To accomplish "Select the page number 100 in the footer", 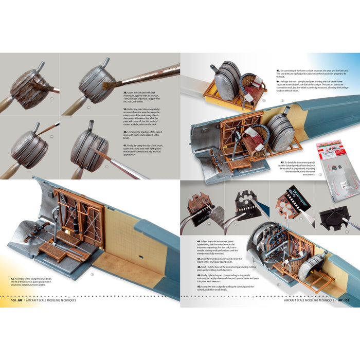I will click(13, 302).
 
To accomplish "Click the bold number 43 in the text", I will click(278, 69).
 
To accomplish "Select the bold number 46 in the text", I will click(199, 241).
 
